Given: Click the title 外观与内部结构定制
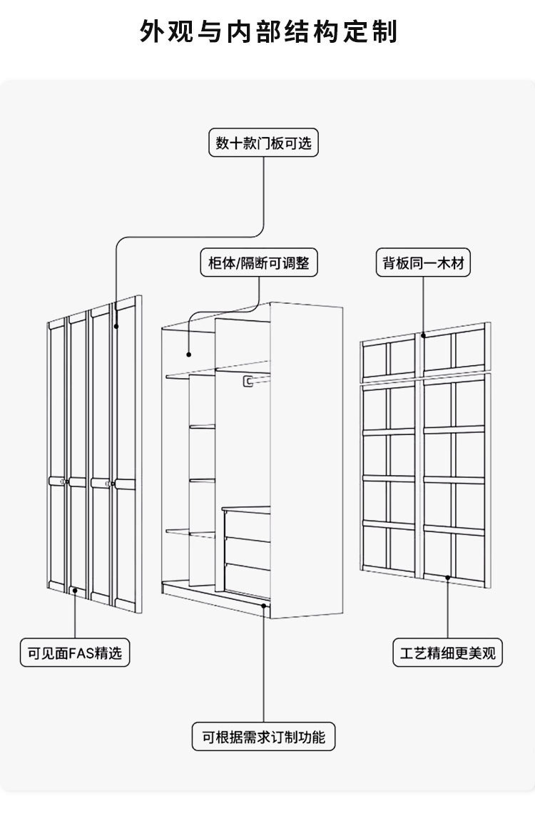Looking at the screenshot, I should point(267,32).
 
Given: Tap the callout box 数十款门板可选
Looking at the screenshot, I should point(264,143).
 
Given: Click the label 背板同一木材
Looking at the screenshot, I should point(423,263).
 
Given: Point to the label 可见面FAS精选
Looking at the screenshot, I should point(75,653).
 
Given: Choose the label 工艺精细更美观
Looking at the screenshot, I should point(448,653).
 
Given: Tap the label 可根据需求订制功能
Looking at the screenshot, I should point(263,737).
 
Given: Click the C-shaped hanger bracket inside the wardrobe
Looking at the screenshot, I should point(248,382).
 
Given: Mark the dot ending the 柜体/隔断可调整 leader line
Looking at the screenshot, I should point(189,354).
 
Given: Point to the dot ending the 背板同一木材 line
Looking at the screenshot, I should point(423,335).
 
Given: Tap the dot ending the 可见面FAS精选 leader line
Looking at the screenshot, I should point(75,591).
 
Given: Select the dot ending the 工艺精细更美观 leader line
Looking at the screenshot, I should point(448,577).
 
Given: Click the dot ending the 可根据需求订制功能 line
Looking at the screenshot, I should point(264,606).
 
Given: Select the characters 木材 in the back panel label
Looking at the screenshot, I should point(454,263).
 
